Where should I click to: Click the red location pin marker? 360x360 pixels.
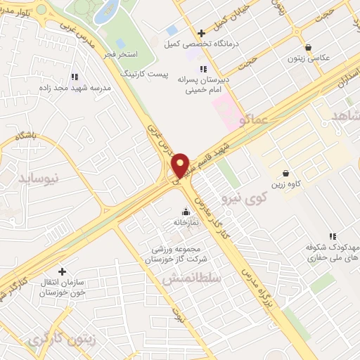coord(181,165)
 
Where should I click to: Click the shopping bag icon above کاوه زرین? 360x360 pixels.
coord(285,173)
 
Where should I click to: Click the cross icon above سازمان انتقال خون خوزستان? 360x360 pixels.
coord(62,271)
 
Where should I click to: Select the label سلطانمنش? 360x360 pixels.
coord(192,278)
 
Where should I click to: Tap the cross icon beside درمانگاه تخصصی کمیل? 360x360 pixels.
coord(201,33)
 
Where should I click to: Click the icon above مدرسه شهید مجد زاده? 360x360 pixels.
coord(74,77)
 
